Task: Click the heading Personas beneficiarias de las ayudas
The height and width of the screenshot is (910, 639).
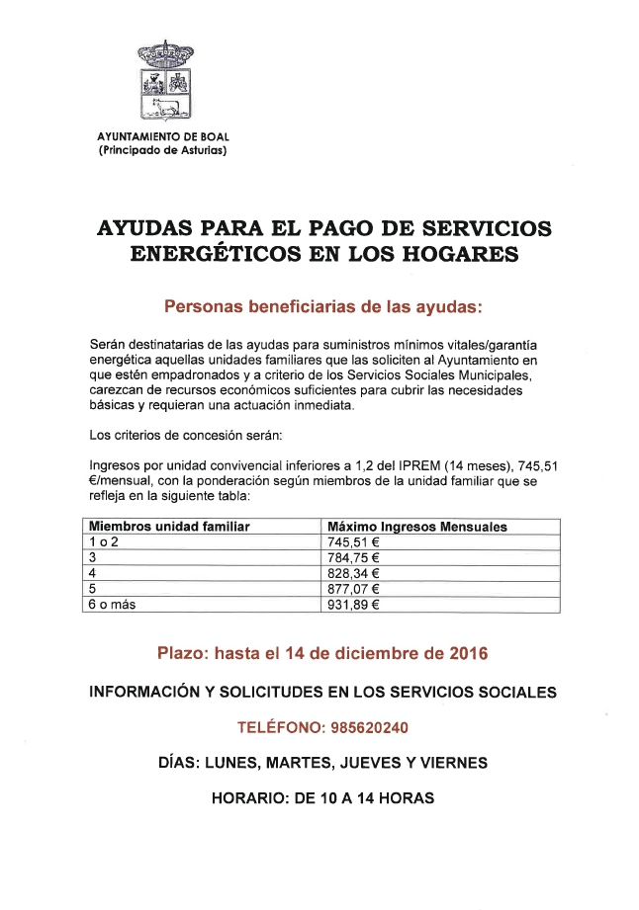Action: pyautogui.click(x=322, y=306)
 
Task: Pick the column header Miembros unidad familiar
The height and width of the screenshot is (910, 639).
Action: pyautogui.click(x=169, y=527)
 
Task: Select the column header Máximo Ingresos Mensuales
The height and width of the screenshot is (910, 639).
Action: pyautogui.click(x=416, y=527)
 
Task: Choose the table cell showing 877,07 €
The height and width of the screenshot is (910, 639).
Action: pyautogui.click(x=352, y=589)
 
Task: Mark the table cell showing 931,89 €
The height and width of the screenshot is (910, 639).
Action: pyautogui.click(x=352, y=605)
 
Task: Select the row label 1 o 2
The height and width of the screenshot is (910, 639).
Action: pyautogui.click(x=103, y=541)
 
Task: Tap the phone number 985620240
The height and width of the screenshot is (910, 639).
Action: pyautogui.click(x=369, y=727)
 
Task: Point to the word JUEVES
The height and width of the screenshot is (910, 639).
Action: pyautogui.click(x=377, y=763)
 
